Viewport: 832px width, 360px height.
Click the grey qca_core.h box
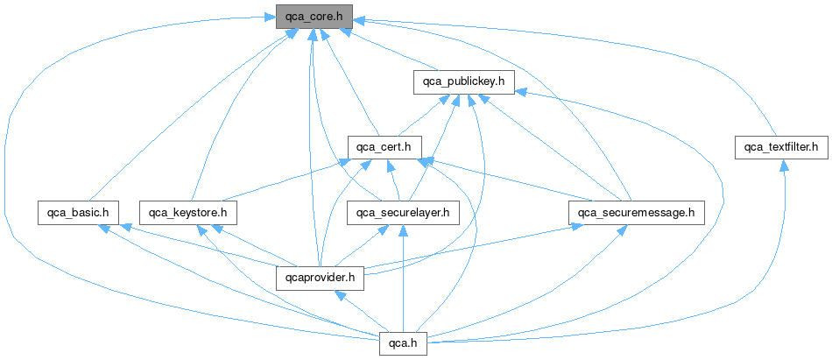[x=314, y=17]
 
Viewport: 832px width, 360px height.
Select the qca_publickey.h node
[x=463, y=82]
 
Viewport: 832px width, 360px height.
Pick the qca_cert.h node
[x=384, y=146]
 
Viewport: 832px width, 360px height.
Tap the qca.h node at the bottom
[x=403, y=344]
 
